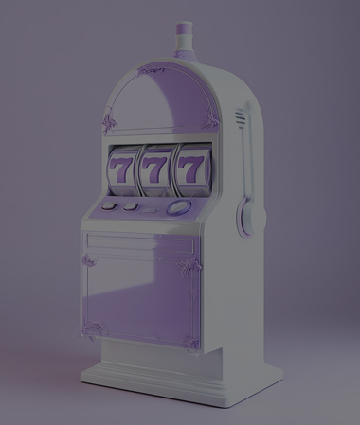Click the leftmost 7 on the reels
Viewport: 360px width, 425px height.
(119, 170)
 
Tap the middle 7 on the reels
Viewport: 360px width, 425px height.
(154, 170)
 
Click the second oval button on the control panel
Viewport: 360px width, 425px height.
(131, 206)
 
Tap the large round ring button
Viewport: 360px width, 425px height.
(179, 206)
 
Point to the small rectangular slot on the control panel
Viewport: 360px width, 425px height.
(151, 210)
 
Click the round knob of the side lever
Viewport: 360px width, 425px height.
(248, 217)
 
